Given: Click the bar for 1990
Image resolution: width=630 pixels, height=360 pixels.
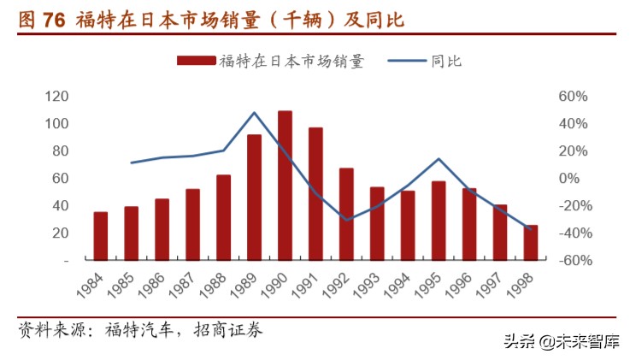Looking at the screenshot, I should click(x=285, y=185).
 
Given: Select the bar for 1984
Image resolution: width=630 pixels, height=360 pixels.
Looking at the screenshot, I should click(x=101, y=235).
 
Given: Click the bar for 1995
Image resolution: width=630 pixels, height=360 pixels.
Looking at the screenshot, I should click(x=439, y=220).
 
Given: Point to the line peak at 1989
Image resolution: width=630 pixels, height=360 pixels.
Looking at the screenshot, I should click(x=255, y=112).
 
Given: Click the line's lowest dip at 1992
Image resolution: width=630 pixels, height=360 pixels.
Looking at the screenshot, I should click(x=346, y=220).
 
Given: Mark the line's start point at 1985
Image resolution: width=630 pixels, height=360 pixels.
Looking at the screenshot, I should click(x=132, y=162).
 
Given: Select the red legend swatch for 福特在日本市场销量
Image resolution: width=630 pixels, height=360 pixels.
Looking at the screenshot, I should click(x=197, y=61).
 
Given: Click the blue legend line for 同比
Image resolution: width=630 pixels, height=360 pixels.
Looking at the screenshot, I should click(x=407, y=61).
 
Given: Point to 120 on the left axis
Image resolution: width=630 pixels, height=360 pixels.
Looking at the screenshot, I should click(x=57, y=96).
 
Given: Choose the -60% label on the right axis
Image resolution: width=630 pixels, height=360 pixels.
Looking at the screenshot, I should click(x=570, y=260).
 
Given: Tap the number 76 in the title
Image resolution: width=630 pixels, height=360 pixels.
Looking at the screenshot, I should click(x=54, y=19).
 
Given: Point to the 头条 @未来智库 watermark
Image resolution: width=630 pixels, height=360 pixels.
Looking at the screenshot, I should click(x=572, y=341).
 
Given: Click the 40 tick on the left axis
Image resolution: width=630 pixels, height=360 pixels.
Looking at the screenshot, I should click(x=61, y=205).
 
